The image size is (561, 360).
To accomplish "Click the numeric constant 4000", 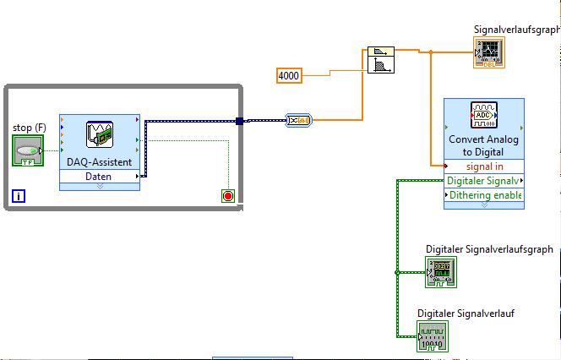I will (289, 76).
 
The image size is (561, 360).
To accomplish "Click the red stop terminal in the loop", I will (227, 196).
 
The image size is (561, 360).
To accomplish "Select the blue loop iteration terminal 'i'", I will (19, 197).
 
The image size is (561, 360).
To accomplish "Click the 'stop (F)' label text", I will (29, 128).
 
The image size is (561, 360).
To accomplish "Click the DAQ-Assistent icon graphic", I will (100, 134).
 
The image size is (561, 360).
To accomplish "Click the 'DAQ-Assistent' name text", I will (99, 162).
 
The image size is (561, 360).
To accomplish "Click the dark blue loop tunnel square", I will (240, 121).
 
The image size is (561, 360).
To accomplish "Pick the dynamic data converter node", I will (298, 121).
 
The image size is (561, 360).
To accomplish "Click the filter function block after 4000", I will (381, 62).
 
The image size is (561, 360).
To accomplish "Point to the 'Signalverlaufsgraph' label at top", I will (516, 30).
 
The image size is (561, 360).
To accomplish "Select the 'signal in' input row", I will (484, 166).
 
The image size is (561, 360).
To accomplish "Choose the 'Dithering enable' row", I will (485, 195).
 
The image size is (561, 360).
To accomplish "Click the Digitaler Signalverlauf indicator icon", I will (433, 335).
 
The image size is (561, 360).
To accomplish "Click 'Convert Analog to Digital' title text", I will (484, 145).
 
